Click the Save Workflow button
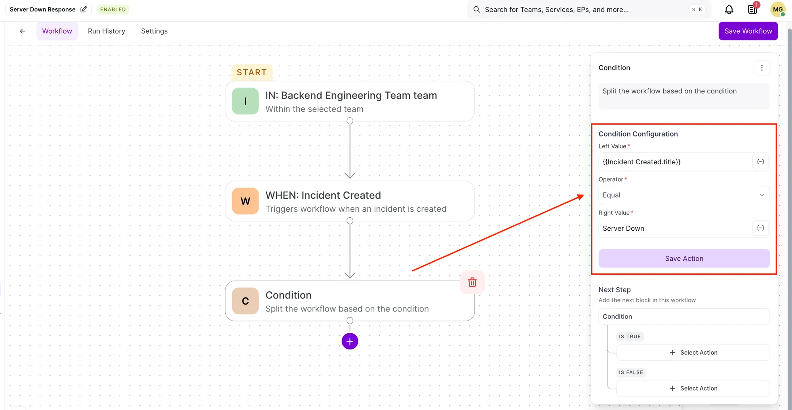click(748, 31)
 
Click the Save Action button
click(684, 258)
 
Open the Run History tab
click(107, 31)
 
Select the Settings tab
click(154, 31)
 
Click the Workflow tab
click(57, 31)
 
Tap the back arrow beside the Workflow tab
click(23, 31)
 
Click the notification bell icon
click(729, 9)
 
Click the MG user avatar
click(778, 9)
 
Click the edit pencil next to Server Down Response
click(84, 9)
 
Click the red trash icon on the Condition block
click(472, 282)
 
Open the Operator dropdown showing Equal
click(684, 195)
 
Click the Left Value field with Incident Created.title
click(675, 162)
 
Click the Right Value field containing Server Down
click(675, 228)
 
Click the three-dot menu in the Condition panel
click(762, 68)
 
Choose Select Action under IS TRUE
click(693, 353)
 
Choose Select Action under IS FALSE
click(693, 388)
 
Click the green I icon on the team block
click(245, 101)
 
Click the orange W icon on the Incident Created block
click(245, 201)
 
